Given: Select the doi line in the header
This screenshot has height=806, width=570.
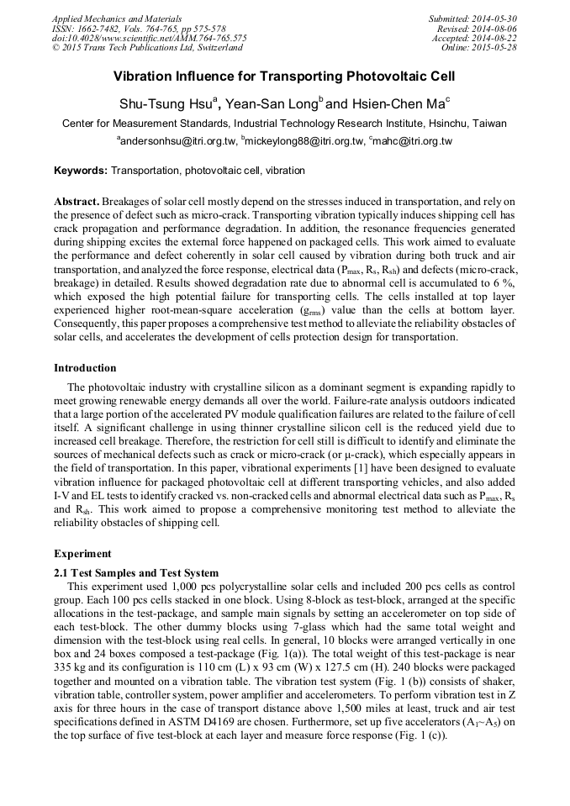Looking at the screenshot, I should pyautogui.click(x=149, y=38).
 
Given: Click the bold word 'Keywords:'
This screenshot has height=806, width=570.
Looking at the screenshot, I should pyautogui.click(x=81, y=171).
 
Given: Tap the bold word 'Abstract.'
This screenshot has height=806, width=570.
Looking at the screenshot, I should pyautogui.click(x=77, y=203).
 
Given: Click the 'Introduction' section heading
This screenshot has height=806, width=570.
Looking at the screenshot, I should pyautogui.click(x=85, y=368).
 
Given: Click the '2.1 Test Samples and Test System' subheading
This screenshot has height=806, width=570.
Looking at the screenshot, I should pyautogui.click(x=136, y=572).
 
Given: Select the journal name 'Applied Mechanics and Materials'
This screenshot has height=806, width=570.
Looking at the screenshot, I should pyautogui.click(x=117, y=18).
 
